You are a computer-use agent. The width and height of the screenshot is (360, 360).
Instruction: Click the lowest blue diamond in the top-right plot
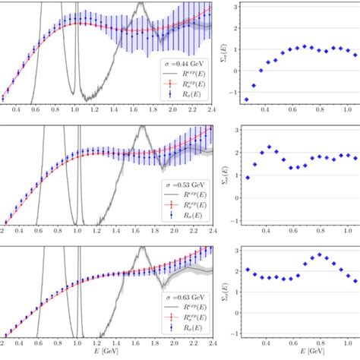246,99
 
